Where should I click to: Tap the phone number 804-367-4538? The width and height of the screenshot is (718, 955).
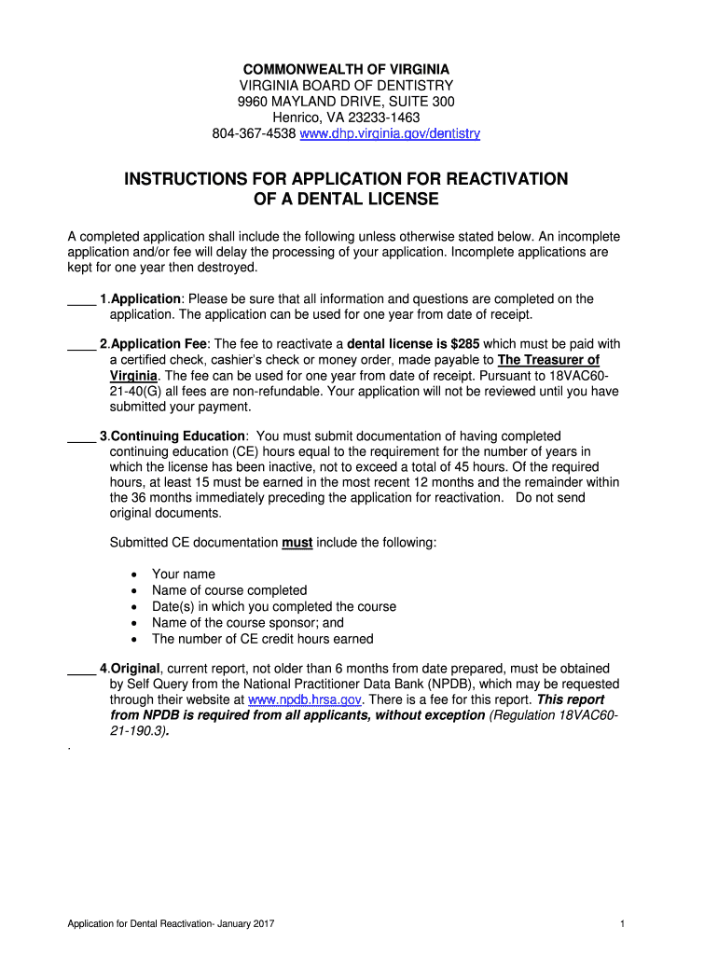254,133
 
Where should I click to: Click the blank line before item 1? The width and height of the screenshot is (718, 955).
81,299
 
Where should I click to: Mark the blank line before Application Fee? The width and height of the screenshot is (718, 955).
81,344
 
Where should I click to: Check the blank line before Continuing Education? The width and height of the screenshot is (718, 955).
81,436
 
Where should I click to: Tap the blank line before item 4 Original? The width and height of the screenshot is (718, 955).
81,669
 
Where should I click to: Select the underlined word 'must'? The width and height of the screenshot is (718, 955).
297,543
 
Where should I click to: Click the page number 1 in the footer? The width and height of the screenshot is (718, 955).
621,924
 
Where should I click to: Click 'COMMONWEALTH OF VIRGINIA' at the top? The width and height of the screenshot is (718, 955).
346,70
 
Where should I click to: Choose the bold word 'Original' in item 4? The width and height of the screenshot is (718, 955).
136,668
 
